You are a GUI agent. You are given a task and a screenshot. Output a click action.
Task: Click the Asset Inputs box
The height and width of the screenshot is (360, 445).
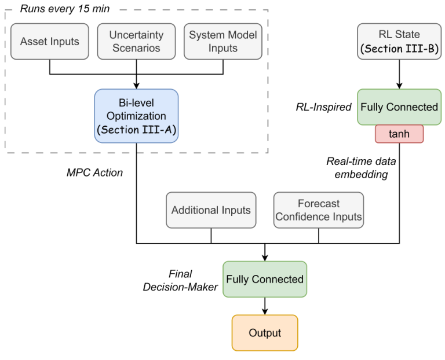tap(50, 41)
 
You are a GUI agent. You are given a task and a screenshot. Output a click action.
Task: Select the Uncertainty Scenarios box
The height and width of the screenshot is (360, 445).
tap(136, 41)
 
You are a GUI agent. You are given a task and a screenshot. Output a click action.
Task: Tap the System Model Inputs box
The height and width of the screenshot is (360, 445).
tap(223, 41)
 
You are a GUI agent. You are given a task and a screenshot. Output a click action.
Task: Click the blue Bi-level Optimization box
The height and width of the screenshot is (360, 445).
tap(136, 116)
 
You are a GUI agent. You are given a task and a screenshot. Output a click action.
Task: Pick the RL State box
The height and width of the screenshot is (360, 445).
tap(399, 41)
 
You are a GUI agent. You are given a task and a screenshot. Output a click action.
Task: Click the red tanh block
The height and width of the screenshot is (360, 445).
tap(399, 133)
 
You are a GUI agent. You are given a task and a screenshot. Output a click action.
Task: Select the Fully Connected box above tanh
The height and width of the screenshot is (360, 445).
tap(399, 106)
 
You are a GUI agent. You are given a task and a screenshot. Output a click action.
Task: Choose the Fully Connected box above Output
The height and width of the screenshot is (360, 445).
tap(265, 279)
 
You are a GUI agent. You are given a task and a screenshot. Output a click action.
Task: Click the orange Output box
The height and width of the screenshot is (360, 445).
tap(265, 333)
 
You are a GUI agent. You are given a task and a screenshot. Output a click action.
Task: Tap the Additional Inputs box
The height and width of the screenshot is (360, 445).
tap(211, 210)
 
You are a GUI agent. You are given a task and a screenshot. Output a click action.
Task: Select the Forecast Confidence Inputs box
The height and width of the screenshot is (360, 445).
tap(319, 210)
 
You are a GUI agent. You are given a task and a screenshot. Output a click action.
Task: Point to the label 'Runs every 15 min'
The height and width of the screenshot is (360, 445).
tap(64, 9)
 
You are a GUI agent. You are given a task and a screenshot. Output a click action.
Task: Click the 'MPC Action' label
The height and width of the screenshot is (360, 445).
tap(95, 172)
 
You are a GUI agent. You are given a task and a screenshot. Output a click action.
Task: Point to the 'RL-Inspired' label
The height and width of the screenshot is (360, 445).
tap(324, 106)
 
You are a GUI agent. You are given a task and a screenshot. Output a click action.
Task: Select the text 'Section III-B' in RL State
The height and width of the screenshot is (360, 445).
tap(399, 49)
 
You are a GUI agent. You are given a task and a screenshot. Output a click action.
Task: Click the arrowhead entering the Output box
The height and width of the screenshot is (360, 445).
tap(265, 311)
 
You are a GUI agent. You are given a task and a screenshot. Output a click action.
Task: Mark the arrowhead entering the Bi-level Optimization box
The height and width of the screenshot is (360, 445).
tap(136, 85)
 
